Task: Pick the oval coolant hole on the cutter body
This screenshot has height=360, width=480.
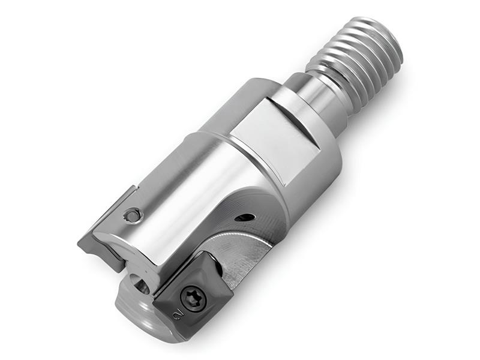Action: (x=245, y=217)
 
